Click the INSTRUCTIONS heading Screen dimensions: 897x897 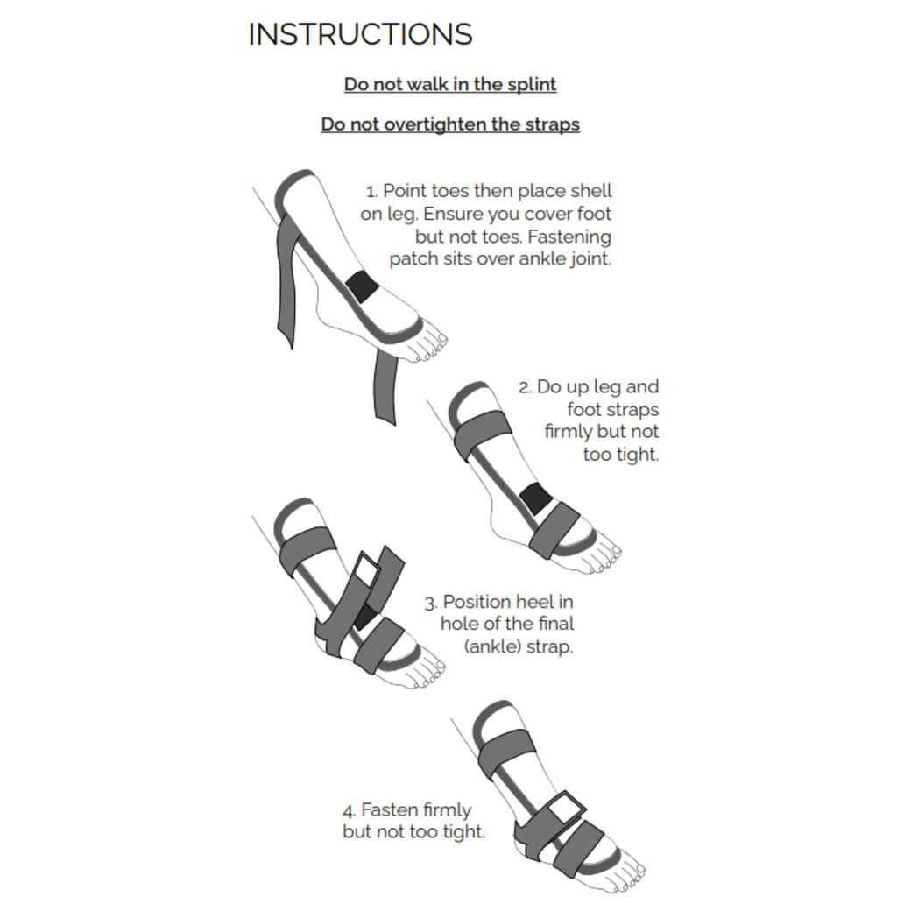[x=360, y=34]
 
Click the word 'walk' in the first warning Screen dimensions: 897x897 [x=426, y=85]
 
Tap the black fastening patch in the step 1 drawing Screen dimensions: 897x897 [x=361, y=286]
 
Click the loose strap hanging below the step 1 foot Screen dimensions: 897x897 [x=385, y=385]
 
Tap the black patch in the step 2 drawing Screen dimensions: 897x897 [x=535, y=499]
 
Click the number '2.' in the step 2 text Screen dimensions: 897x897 [x=525, y=387]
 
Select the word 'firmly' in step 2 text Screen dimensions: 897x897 [x=568, y=432]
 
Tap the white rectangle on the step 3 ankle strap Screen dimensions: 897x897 [x=364, y=570]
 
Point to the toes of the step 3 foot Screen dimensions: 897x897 [x=426, y=674]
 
